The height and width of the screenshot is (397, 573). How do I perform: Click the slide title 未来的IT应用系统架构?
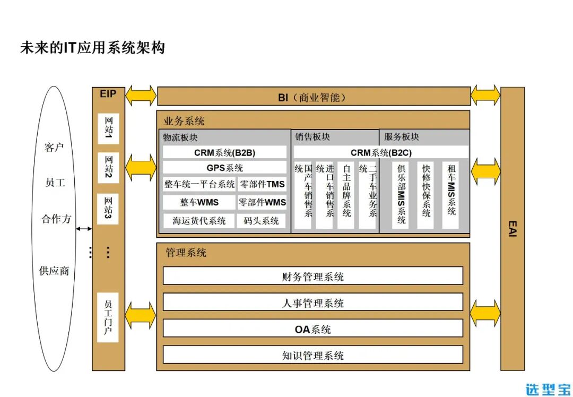[92, 48]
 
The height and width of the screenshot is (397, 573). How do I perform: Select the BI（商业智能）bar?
[314, 97]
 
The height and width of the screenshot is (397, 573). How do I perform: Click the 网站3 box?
[108, 209]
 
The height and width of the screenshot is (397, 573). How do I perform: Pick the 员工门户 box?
[108, 317]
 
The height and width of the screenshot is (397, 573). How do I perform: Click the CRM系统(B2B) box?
[224, 153]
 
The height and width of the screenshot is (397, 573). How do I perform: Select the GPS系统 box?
[224, 168]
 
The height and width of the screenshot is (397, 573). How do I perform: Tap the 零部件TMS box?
[262, 185]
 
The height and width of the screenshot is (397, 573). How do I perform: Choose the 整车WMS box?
[199, 202]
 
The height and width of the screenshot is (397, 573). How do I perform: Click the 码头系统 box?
[261, 220]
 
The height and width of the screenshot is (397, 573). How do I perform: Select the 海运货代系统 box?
[199, 220]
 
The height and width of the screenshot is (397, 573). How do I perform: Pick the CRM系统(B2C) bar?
[381, 153]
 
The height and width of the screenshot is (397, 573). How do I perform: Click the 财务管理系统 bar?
[312, 276]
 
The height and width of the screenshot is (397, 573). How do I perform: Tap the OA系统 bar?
[312, 329]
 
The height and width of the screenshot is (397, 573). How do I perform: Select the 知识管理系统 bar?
[312, 355]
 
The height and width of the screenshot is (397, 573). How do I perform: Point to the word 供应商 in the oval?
[54, 271]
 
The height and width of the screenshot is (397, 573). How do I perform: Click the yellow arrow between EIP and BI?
[141, 96]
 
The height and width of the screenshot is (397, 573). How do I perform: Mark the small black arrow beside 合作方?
[83, 229]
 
